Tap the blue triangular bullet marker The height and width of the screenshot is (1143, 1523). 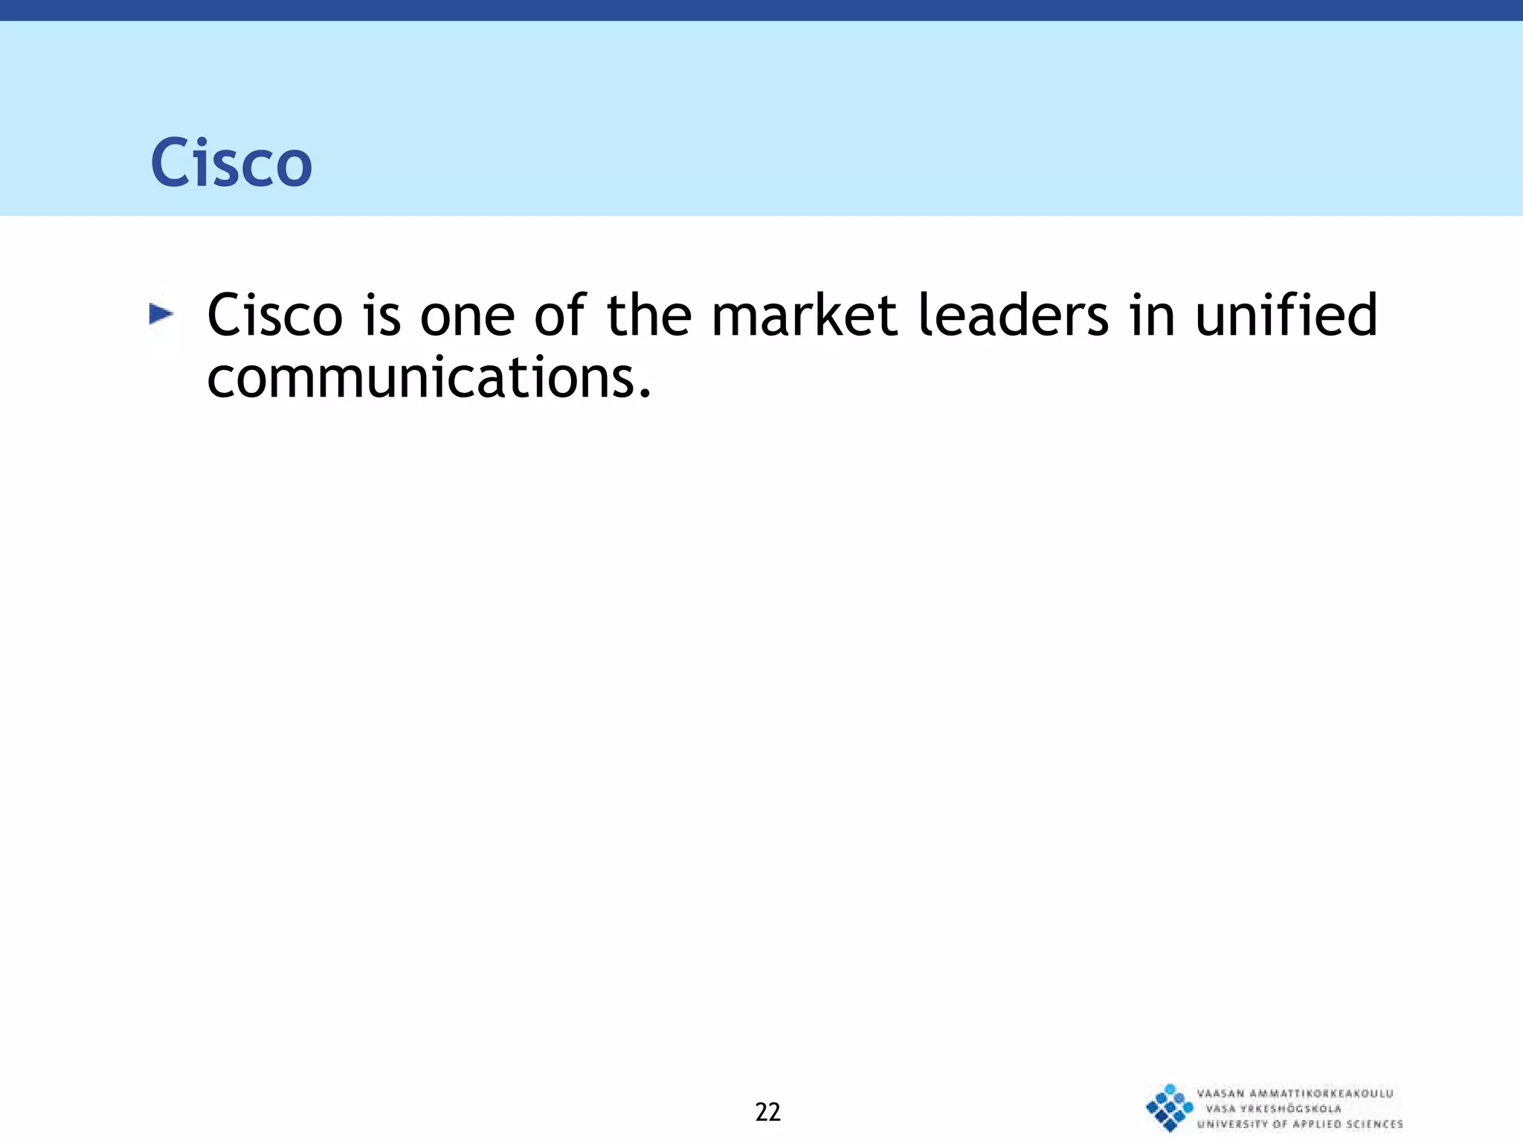tap(161, 314)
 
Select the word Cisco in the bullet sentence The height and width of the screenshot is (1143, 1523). tap(274, 316)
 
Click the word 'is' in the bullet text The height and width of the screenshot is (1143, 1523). tap(381, 316)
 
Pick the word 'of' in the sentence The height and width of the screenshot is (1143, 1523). tap(559, 316)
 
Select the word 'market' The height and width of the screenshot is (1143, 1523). tap(804, 316)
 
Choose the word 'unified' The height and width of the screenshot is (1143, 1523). tap(1286, 316)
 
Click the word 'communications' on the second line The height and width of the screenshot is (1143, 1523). tap(420, 378)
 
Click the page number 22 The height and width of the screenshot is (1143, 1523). tap(767, 1112)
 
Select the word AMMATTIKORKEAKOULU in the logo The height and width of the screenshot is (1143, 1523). tap(1321, 1093)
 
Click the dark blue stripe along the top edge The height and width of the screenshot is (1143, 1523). tap(761, 10)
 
